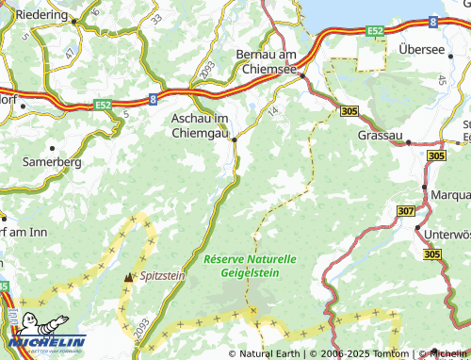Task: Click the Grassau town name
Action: [x=381, y=136]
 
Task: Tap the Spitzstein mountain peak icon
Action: [x=129, y=277]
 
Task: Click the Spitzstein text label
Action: [x=162, y=278]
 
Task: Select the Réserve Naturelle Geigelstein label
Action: [x=250, y=265]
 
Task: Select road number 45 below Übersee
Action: [x=442, y=81]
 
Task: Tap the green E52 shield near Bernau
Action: [x=376, y=31]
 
